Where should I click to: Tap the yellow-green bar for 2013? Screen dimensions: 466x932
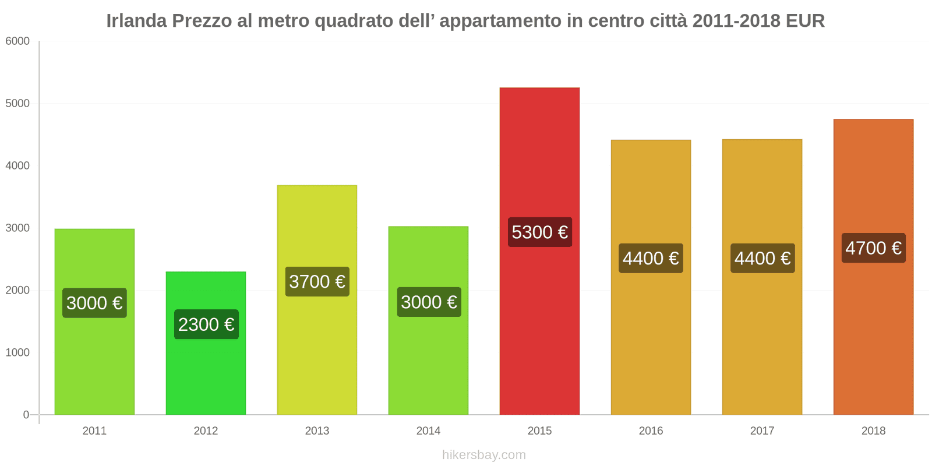pyautogui.click(x=317, y=349)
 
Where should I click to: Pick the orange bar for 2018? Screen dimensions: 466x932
pyautogui.click(x=873, y=338)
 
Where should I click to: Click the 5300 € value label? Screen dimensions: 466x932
pyautogui.click(x=539, y=232)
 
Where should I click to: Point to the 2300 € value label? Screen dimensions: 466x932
pyautogui.click(x=206, y=324)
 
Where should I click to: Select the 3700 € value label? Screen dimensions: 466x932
pyautogui.click(x=317, y=281)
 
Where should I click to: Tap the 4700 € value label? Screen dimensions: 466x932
pyautogui.click(x=873, y=248)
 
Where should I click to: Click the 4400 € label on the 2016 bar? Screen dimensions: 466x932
pyautogui.click(x=651, y=258)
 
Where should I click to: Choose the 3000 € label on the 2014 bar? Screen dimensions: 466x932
pyautogui.click(x=429, y=302)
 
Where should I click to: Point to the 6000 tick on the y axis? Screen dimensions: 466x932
pyautogui.click(x=17, y=41)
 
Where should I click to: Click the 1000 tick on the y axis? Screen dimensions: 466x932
pyautogui.click(x=17, y=352)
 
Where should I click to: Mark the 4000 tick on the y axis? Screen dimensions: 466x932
pyautogui.click(x=17, y=165)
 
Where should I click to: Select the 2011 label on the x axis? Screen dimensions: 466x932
pyautogui.click(x=94, y=430)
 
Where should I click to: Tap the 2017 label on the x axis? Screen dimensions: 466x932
pyautogui.click(x=762, y=430)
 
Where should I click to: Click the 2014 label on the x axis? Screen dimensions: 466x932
pyautogui.click(x=428, y=430)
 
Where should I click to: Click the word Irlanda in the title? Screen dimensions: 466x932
pyautogui.click(x=136, y=21)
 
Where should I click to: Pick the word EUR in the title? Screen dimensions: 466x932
pyautogui.click(x=805, y=21)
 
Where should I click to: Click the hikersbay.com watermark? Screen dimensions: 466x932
pyautogui.click(x=483, y=455)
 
